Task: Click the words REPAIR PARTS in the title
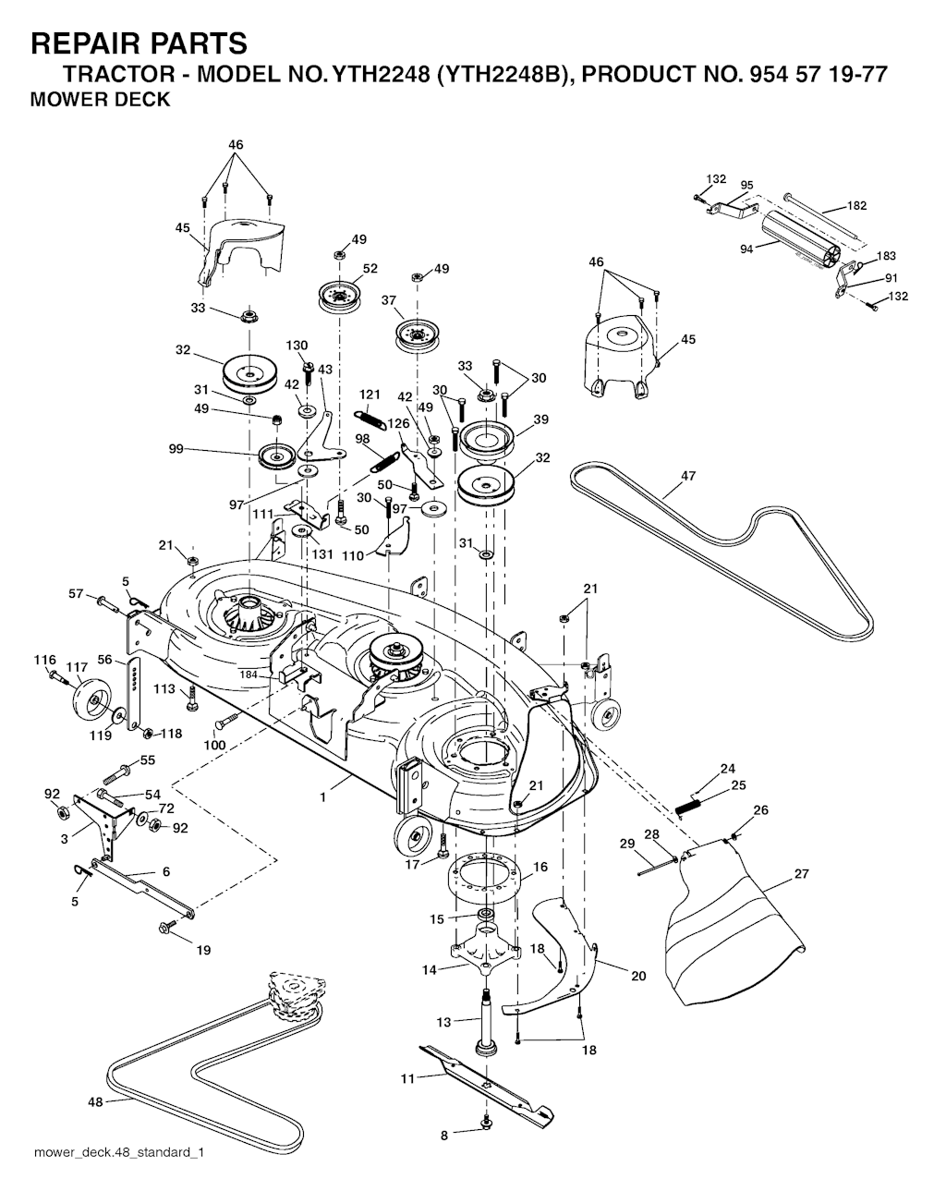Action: click(139, 43)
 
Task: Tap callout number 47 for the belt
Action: click(688, 476)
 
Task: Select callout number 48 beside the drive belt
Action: click(95, 1101)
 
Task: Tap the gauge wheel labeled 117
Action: click(91, 699)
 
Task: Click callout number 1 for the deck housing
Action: click(322, 797)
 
